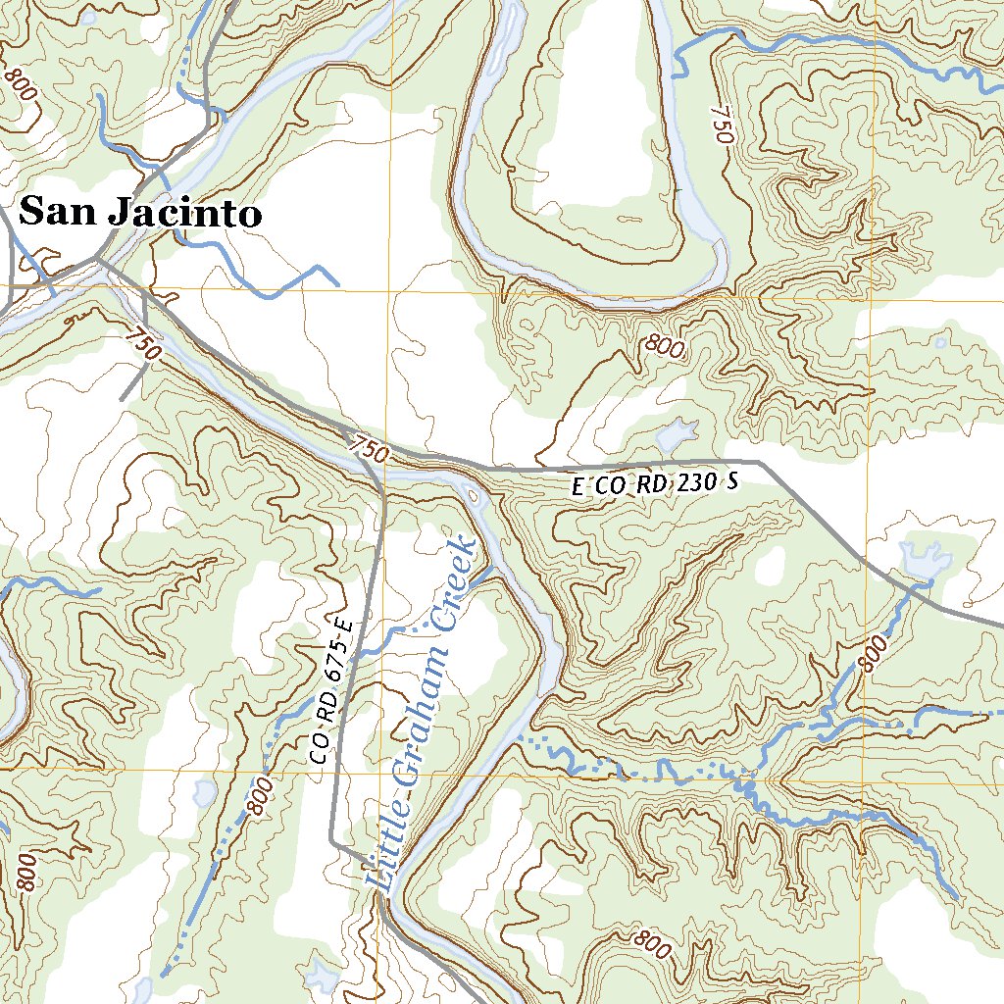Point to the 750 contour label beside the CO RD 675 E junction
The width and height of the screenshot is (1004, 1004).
(x=369, y=449)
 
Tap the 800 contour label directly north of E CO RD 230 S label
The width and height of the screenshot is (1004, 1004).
(x=664, y=345)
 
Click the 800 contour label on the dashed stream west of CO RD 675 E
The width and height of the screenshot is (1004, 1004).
(x=259, y=796)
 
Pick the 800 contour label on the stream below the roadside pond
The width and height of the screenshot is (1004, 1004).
(x=871, y=653)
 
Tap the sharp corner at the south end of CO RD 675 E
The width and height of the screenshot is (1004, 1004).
(x=331, y=841)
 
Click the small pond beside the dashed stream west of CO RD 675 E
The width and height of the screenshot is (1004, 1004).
(x=205, y=792)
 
